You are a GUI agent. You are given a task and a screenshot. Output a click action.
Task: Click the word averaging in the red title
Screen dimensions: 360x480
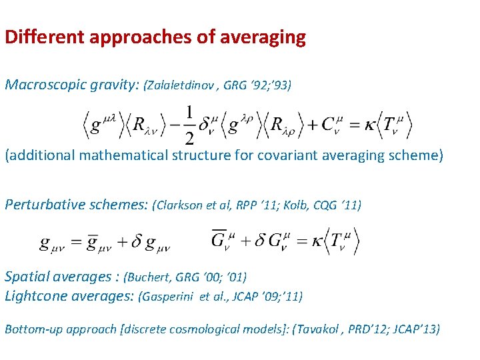click(267, 37)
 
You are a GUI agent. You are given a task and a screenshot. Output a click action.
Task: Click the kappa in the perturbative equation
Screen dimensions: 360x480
click(312, 241)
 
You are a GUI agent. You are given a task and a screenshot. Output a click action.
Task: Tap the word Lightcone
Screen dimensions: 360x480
click(37, 296)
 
